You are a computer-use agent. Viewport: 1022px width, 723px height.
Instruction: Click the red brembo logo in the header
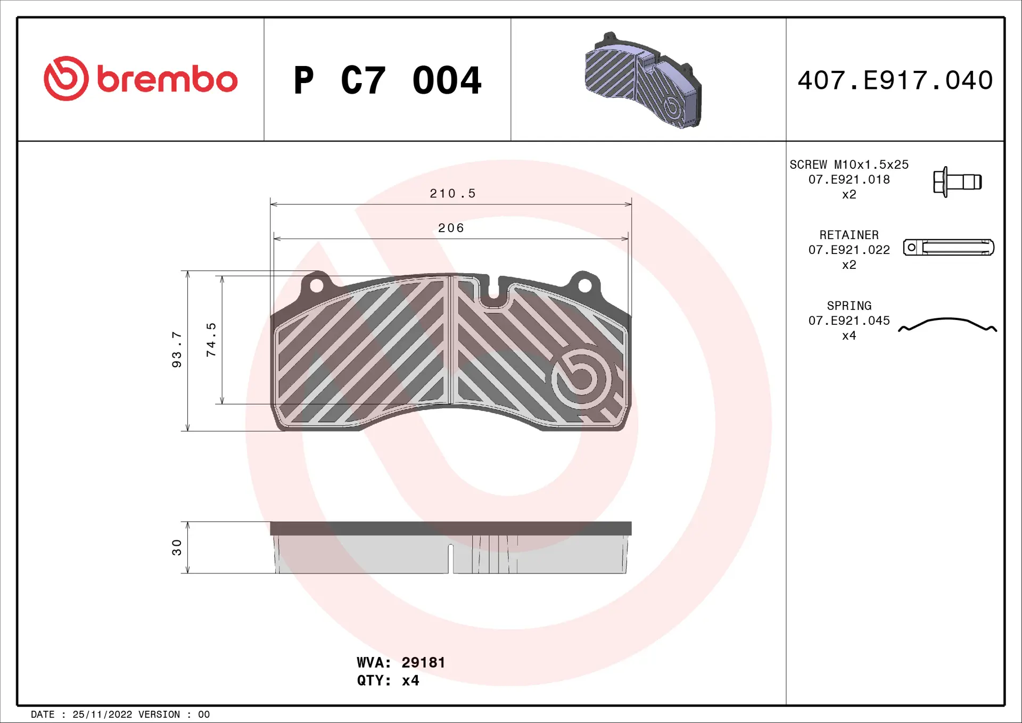tap(141, 79)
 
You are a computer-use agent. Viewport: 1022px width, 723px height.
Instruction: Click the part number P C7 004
tap(387, 80)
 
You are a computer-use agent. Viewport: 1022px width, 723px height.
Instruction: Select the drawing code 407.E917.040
tap(895, 80)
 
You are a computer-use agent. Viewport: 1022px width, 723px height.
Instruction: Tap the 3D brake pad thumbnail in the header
tap(643, 81)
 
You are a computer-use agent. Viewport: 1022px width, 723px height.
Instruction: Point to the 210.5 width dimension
tap(452, 193)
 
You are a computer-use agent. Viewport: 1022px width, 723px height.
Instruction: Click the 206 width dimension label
tap(451, 228)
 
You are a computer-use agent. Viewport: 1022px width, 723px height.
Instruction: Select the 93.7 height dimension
tap(177, 349)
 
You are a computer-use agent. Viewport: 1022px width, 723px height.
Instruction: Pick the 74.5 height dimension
tap(211, 339)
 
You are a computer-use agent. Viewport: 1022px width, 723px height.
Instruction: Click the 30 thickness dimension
tap(177, 547)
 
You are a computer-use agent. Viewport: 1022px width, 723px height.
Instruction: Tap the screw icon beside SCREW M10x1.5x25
tap(957, 182)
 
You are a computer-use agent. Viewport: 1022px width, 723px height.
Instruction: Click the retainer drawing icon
tap(948, 248)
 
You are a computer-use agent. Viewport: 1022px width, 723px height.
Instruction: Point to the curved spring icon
tap(947, 324)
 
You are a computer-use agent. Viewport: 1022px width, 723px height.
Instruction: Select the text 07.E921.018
tap(848, 179)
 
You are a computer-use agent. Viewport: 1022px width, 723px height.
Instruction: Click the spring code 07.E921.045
tap(848, 321)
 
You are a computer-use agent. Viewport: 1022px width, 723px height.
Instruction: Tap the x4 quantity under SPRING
tap(848, 335)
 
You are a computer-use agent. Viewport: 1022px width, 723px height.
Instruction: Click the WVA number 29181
tap(423, 662)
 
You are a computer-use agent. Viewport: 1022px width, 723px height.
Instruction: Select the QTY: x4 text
tap(388, 680)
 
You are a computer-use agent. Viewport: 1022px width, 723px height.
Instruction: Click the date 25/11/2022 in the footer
tap(102, 714)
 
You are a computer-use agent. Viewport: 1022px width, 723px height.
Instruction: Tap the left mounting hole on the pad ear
tap(316, 286)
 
